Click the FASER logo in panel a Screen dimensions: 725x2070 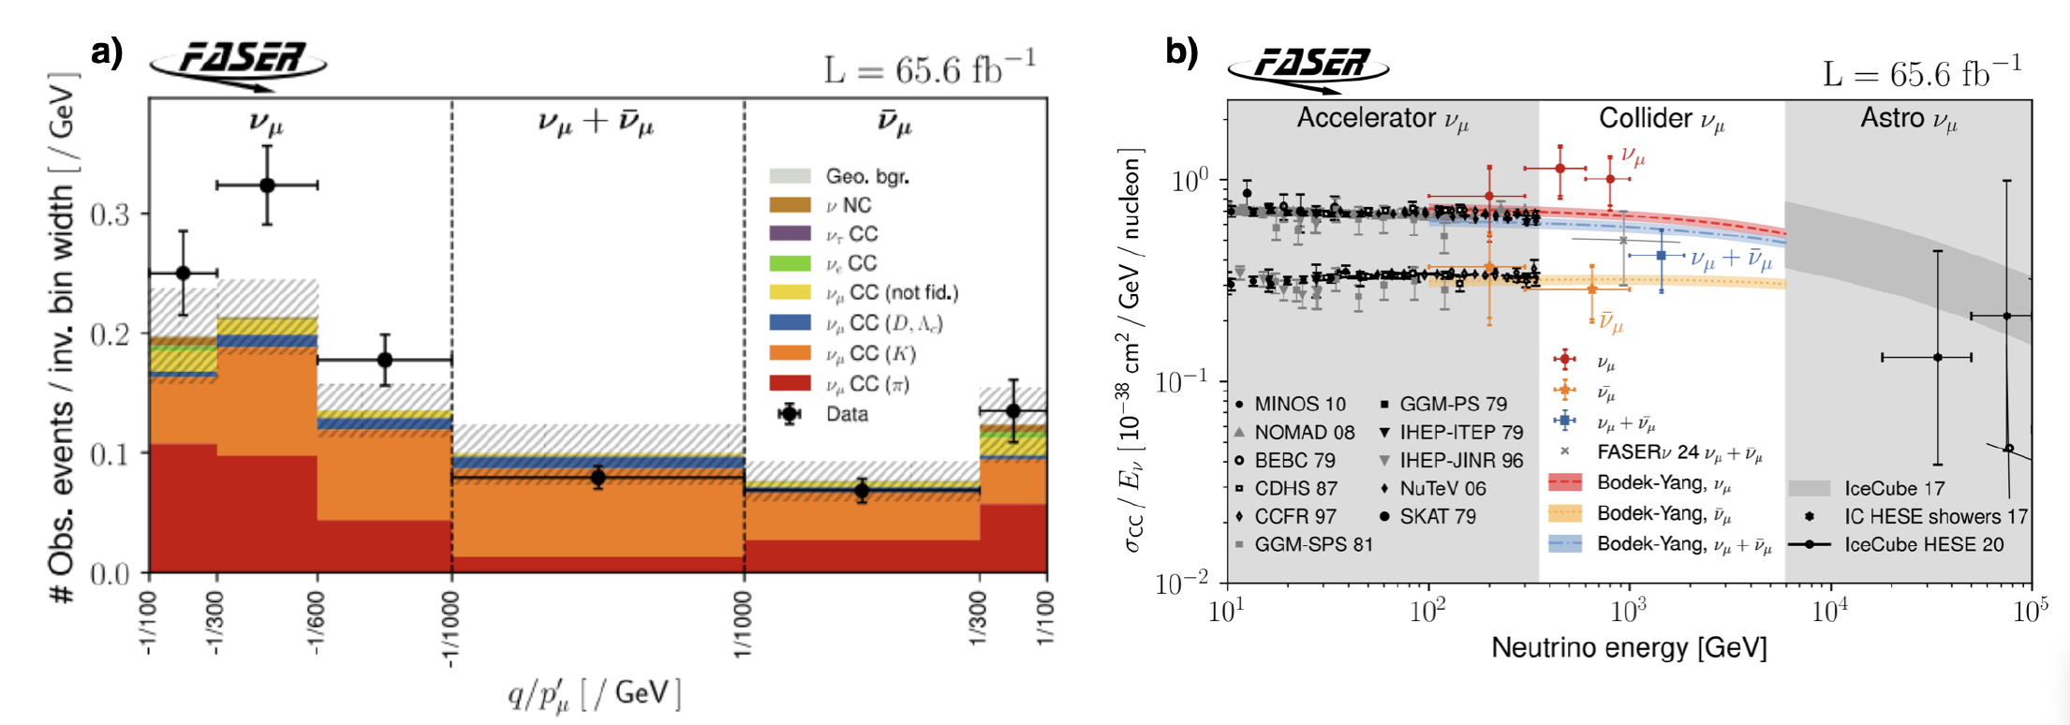(239, 64)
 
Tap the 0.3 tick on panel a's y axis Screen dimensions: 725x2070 (111, 215)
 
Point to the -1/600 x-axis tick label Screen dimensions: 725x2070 (318, 624)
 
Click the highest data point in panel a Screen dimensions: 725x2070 (267, 185)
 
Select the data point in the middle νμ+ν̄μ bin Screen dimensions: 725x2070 (598, 478)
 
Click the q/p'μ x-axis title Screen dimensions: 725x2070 (594, 693)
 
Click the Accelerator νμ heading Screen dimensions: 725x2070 (1382, 119)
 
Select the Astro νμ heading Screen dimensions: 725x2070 (1908, 119)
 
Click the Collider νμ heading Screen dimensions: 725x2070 (1661, 119)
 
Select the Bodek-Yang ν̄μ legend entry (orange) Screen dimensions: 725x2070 (1663, 513)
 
